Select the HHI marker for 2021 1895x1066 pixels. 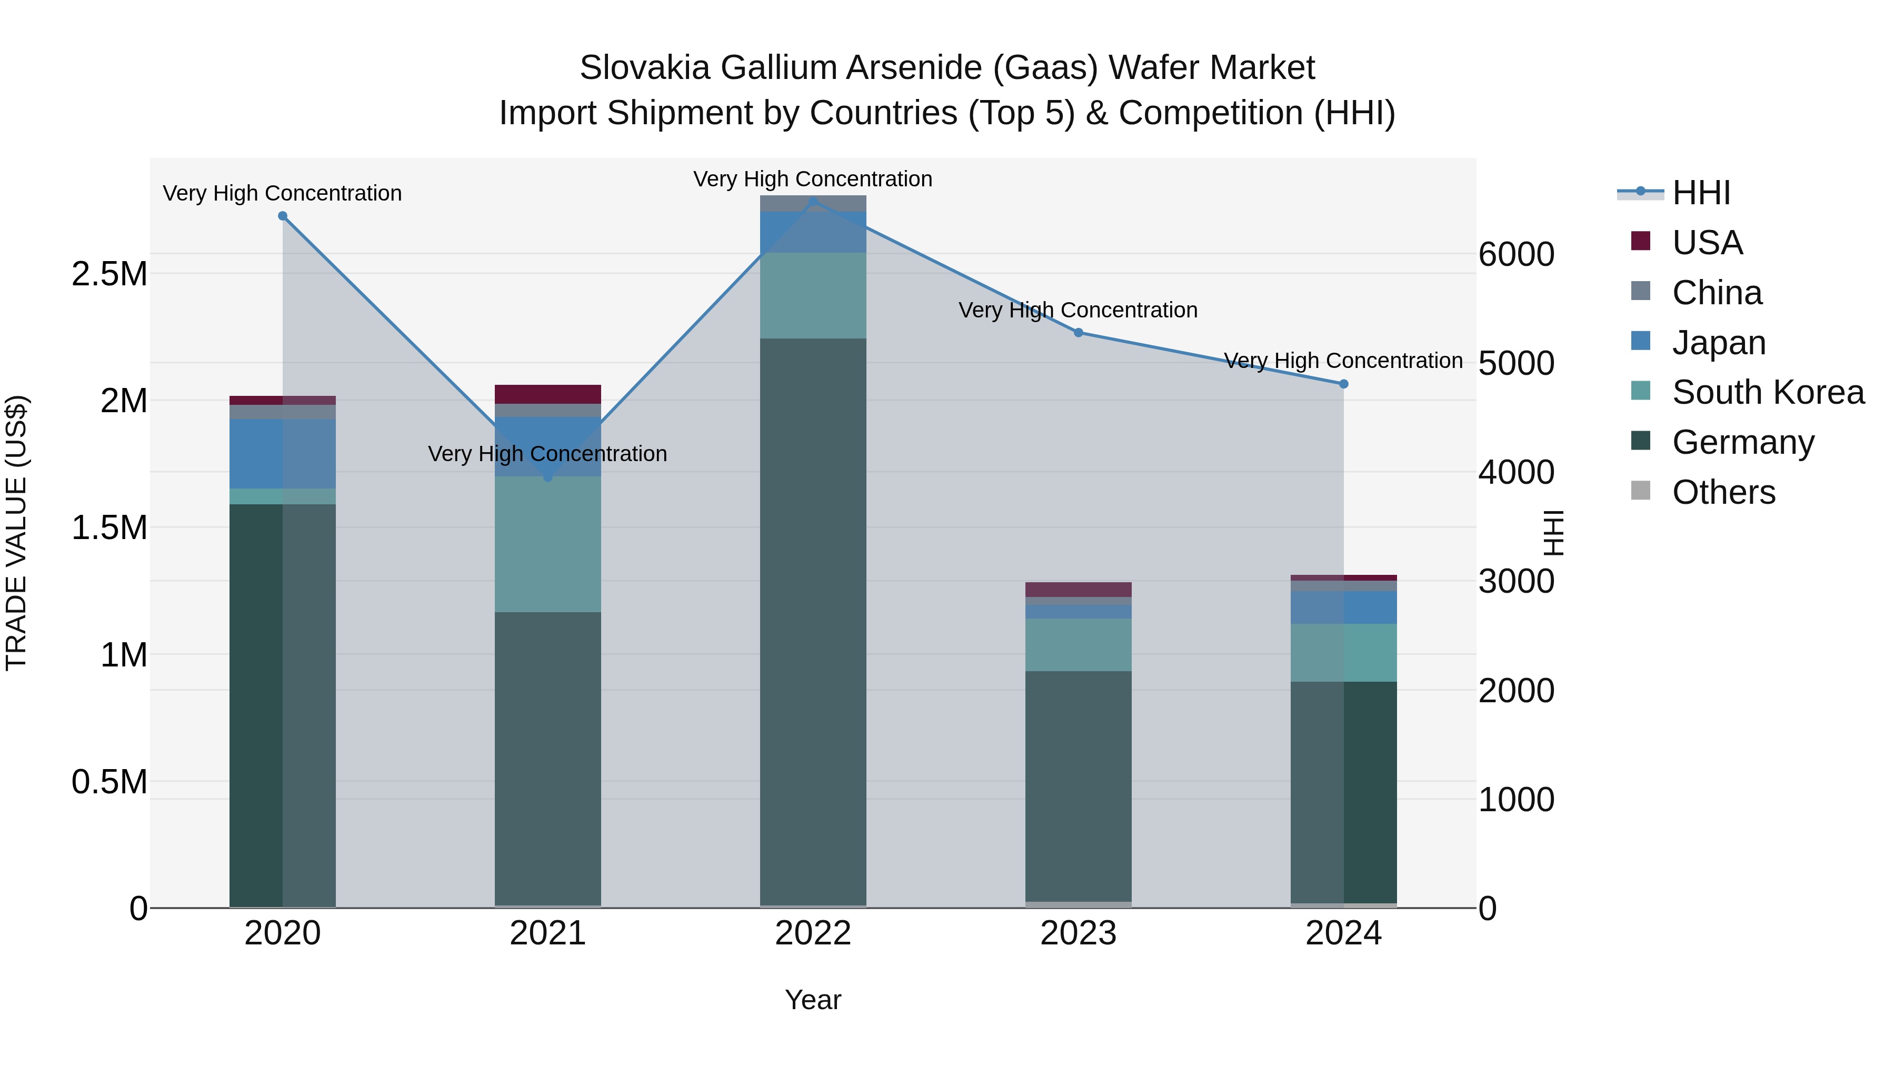tap(547, 477)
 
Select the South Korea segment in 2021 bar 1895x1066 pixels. tap(547, 544)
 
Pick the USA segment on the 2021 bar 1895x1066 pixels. tap(547, 394)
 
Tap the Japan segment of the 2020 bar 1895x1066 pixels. tap(283, 453)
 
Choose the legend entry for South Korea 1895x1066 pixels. tap(1768, 392)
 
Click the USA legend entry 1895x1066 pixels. tap(1707, 243)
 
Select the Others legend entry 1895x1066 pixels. tap(1723, 492)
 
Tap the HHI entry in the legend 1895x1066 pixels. tap(1700, 193)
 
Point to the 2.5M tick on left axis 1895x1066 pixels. tap(109, 274)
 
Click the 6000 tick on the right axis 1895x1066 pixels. tap(1516, 255)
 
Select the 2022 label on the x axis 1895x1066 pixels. tap(813, 933)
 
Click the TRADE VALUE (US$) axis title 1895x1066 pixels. tap(16, 533)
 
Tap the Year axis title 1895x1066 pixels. tap(813, 1000)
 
